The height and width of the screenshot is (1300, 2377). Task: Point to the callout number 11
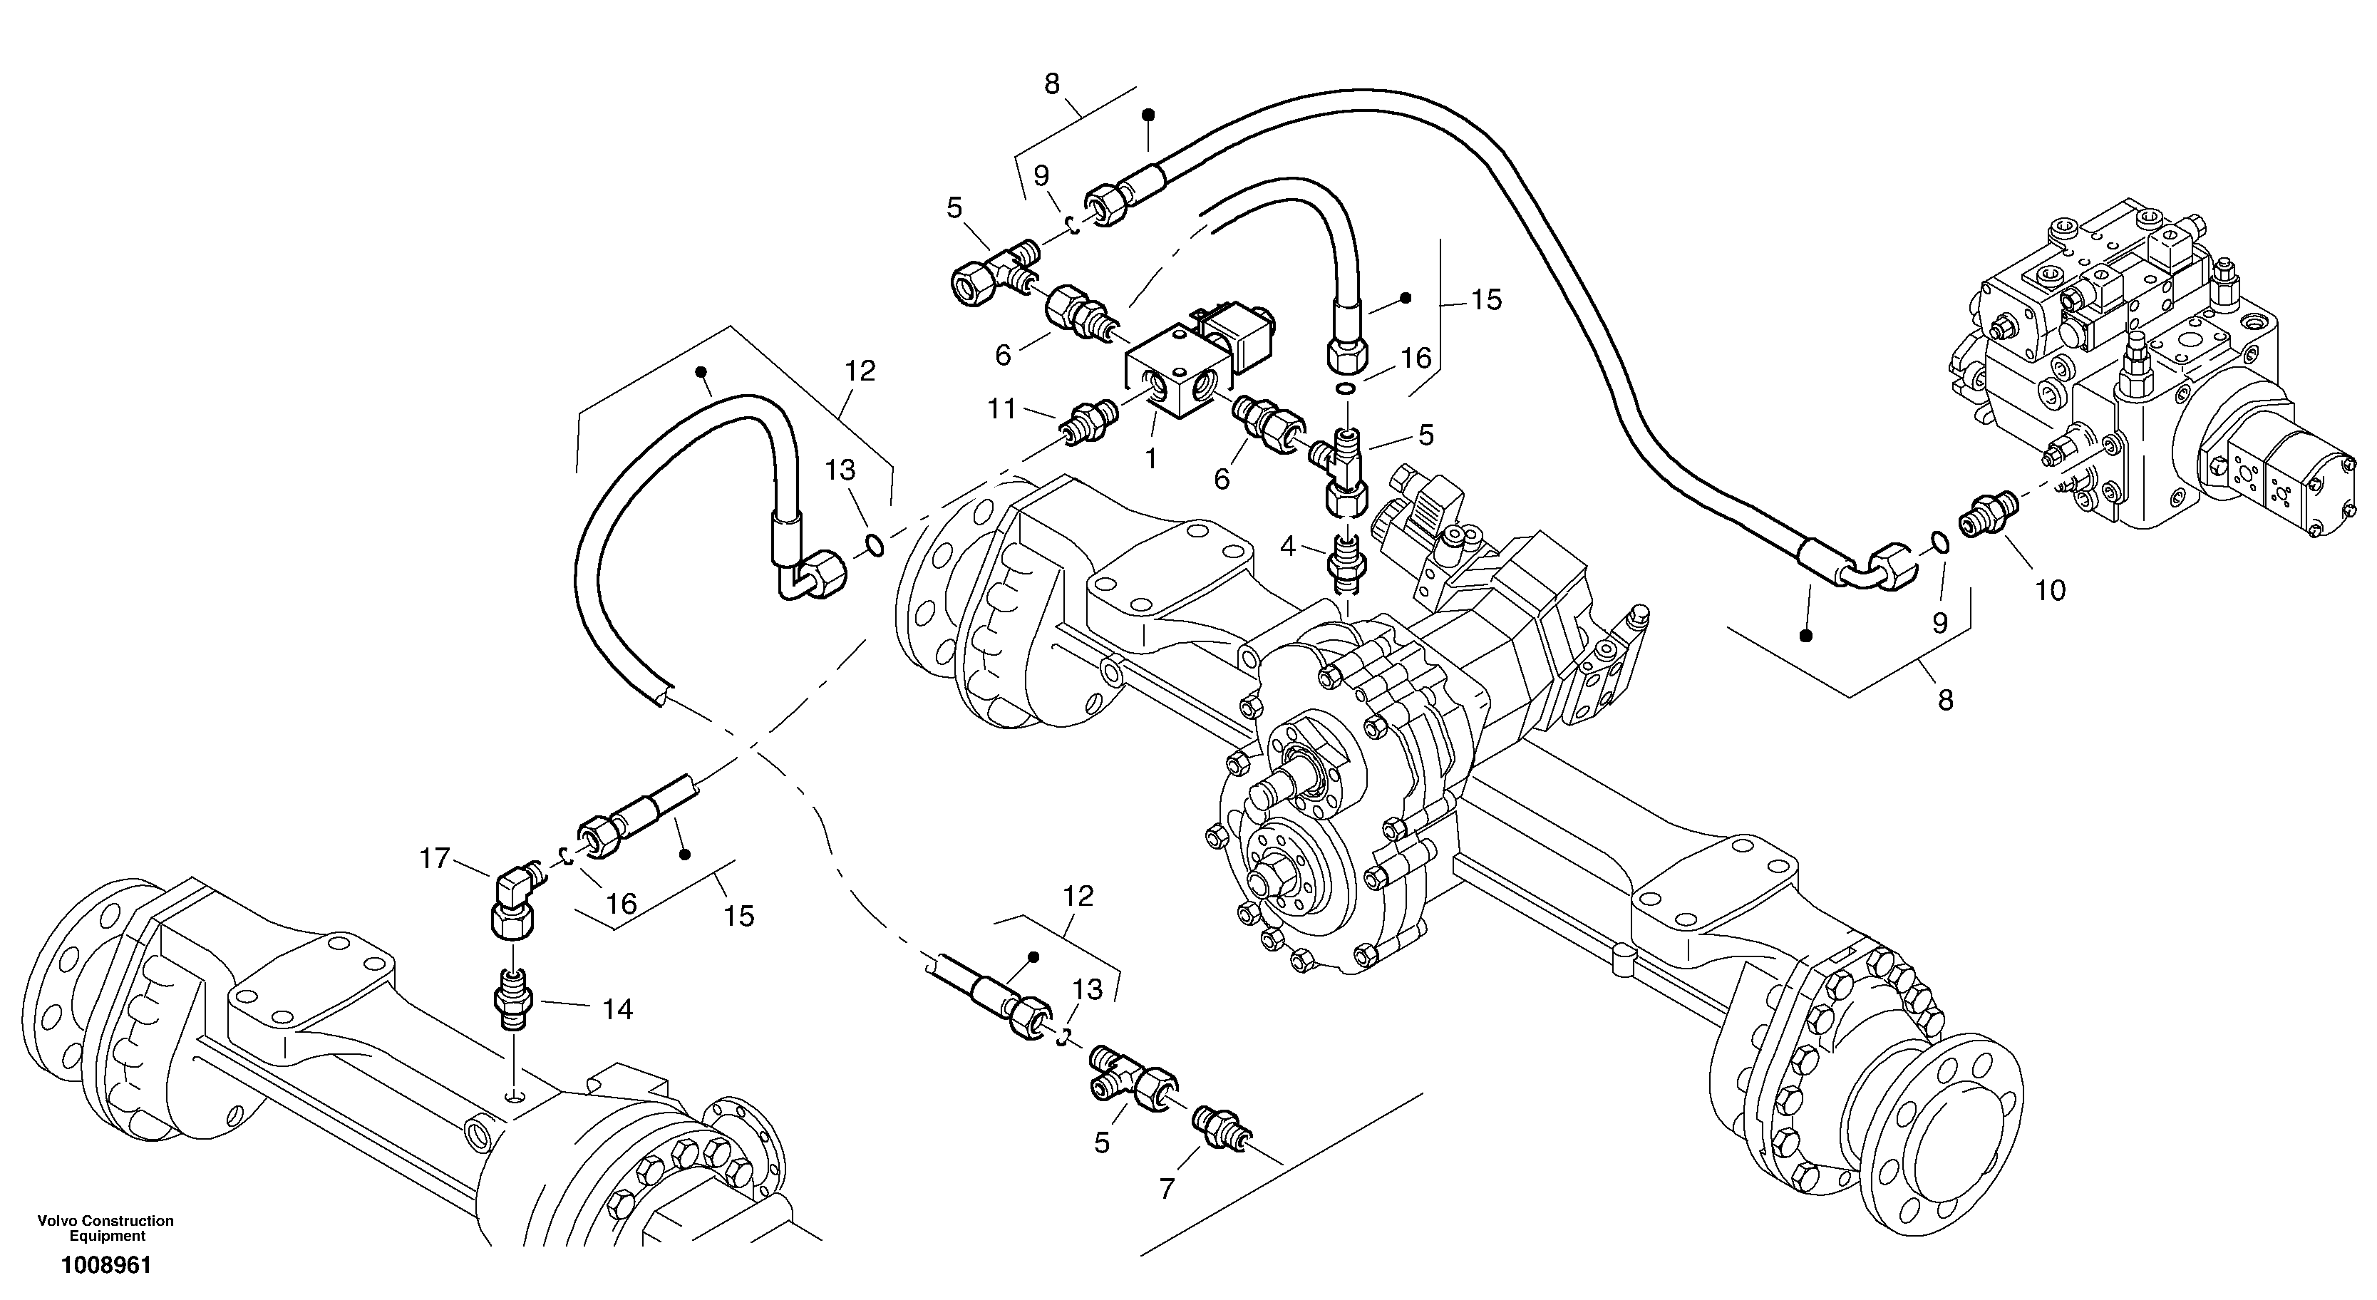[1002, 408]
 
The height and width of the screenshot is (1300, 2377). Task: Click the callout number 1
[1150, 458]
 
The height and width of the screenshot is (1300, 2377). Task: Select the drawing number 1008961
[106, 1265]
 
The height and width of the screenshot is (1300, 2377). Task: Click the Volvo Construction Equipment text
[106, 1228]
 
